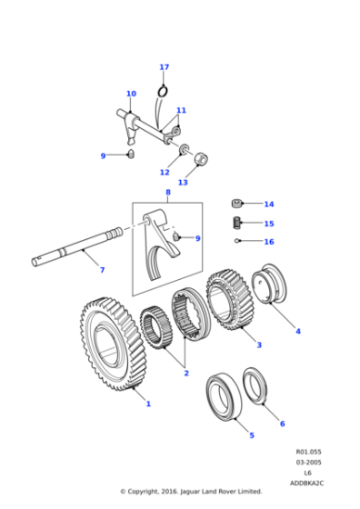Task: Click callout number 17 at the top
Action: point(164,67)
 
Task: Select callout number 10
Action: point(131,94)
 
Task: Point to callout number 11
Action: point(181,111)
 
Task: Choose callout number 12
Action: point(165,172)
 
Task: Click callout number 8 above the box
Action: point(167,193)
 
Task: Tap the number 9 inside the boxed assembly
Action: point(197,238)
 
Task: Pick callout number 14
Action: point(268,205)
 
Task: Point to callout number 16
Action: point(268,242)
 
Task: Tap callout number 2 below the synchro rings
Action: point(185,373)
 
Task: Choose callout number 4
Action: point(297,331)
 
